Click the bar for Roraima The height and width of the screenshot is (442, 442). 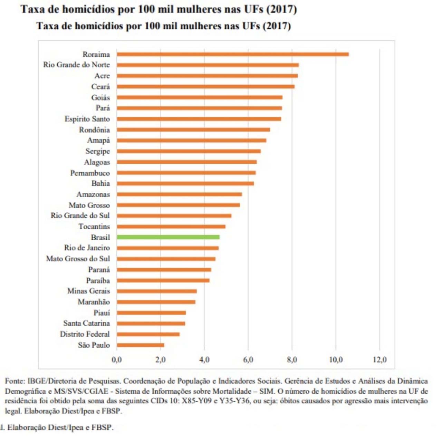[232, 54]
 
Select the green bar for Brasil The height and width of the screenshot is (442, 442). [168, 237]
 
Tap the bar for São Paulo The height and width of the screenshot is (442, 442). [140, 345]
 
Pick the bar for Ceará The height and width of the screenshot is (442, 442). [205, 87]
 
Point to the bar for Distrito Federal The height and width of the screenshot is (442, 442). [148, 334]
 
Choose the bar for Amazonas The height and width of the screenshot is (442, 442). [179, 194]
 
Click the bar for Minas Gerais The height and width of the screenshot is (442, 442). [156, 291]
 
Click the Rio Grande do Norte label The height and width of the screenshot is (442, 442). [76, 65]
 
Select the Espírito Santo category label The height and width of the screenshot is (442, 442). [87, 119]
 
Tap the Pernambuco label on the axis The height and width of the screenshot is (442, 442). [90, 173]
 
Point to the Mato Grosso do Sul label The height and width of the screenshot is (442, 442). [78, 259]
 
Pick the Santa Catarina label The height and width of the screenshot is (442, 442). [86, 323]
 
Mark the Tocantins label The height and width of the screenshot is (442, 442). [94, 227]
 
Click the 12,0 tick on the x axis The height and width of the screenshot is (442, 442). [379, 360]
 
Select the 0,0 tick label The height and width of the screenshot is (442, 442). [117, 360]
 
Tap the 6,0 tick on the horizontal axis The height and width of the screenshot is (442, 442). [248, 360]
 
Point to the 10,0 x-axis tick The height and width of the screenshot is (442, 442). [336, 360]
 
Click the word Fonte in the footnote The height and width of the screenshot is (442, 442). [15, 381]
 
